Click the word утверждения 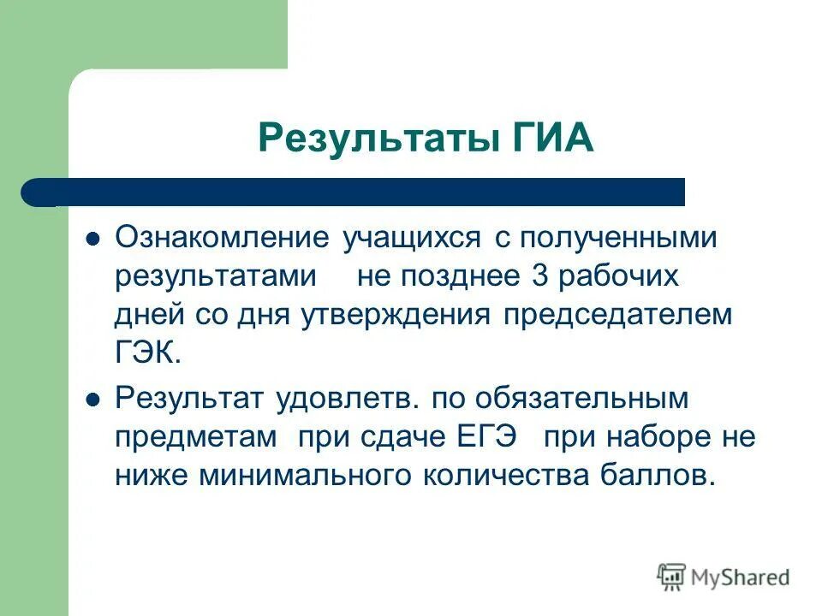pos(395,314)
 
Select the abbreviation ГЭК pos(147,352)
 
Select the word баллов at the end pos(664,474)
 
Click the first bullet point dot pos(95,239)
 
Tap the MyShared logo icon pos(672,577)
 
